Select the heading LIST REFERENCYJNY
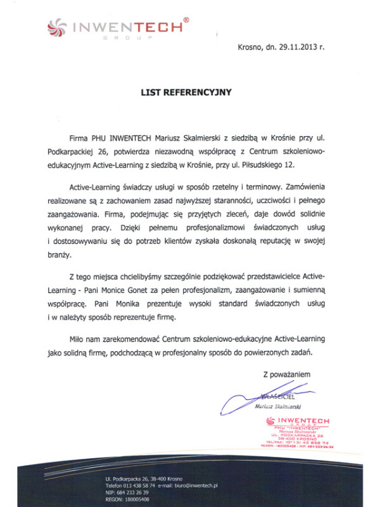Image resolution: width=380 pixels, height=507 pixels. (x=186, y=92)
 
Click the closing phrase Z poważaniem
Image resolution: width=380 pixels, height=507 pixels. (x=287, y=375)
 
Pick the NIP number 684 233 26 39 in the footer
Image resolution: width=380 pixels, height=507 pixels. (x=130, y=492)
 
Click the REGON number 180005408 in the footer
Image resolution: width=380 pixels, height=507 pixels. (x=137, y=499)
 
